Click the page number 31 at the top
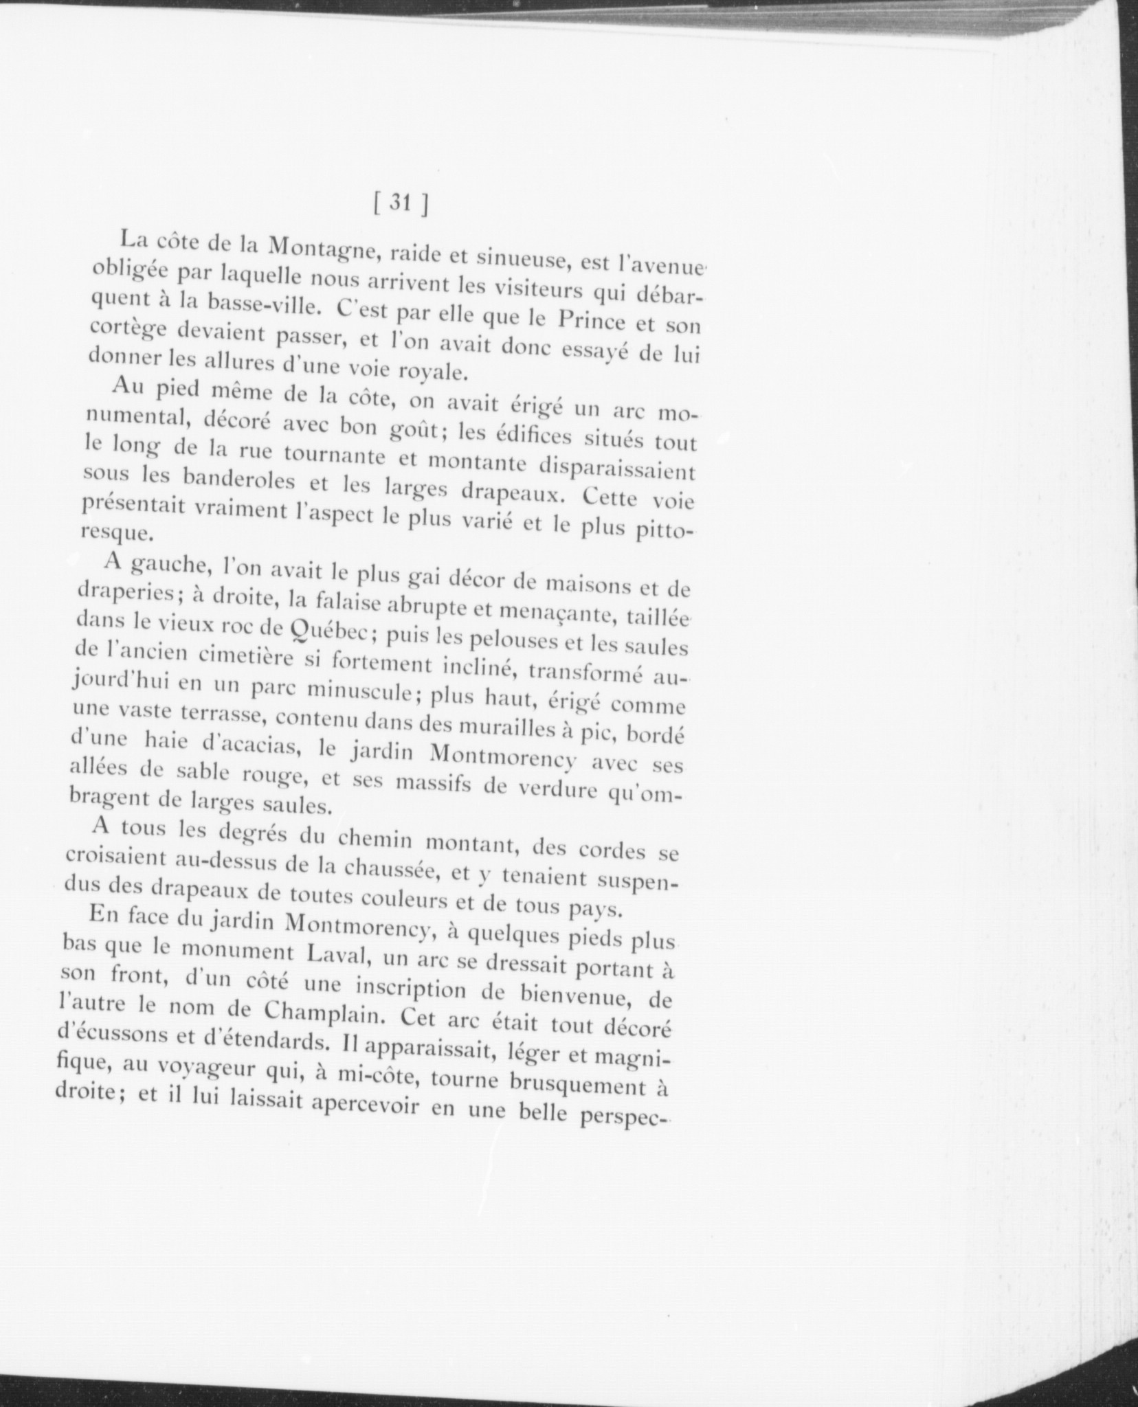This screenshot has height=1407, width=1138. pyautogui.click(x=399, y=203)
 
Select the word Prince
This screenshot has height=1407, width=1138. pyautogui.click(x=594, y=322)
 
